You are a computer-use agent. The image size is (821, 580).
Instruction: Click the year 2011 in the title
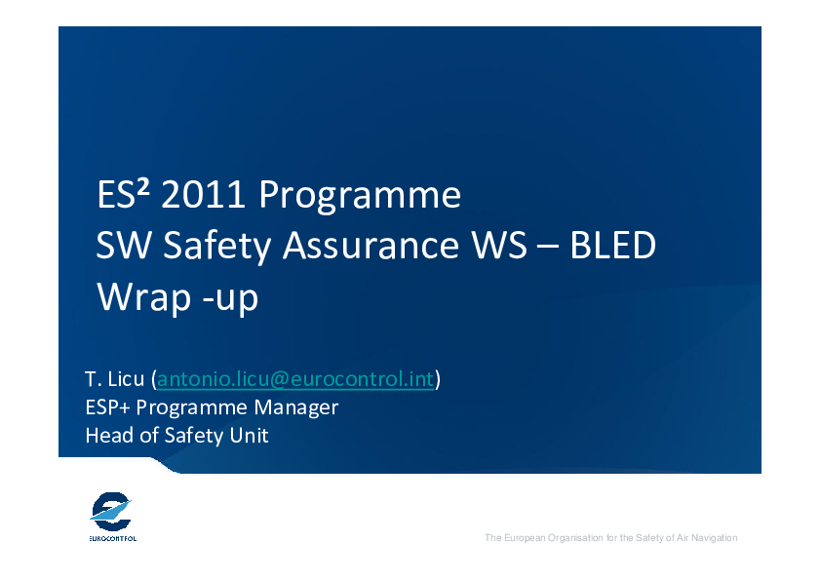[203, 194]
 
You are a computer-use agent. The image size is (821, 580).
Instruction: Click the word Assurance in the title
[371, 245]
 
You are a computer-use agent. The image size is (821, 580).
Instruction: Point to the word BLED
[612, 245]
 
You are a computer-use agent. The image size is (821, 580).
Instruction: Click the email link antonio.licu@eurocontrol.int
[295, 379]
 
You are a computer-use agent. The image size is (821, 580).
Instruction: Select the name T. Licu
[114, 379]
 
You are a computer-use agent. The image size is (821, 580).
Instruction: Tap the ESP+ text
[108, 407]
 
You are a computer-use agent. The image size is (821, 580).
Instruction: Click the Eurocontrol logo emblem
[110, 512]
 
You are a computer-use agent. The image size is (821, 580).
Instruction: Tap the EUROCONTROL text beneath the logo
[112, 539]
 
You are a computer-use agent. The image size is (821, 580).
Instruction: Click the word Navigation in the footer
[714, 538]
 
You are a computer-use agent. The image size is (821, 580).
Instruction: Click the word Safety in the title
[216, 246]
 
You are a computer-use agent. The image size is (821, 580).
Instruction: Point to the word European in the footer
[525, 538]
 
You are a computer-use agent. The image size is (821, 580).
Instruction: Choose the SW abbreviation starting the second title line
[124, 245]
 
